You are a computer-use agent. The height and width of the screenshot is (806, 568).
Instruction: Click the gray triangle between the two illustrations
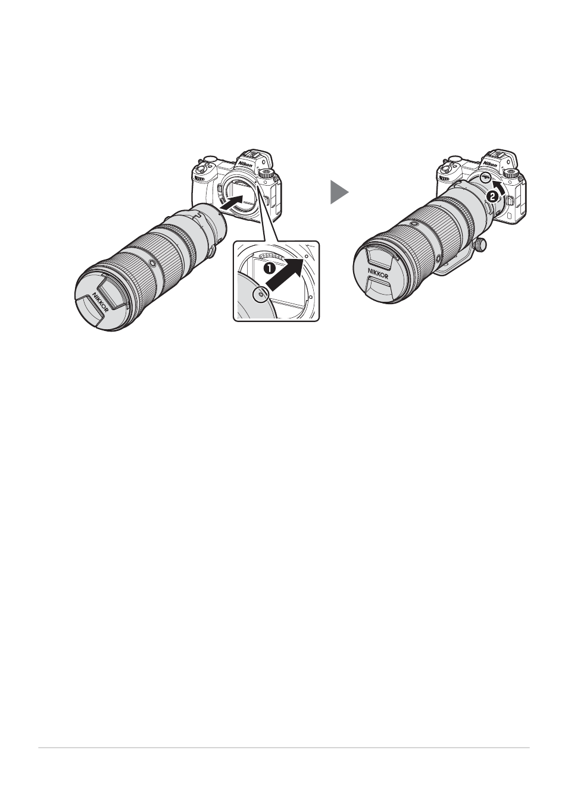(338, 192)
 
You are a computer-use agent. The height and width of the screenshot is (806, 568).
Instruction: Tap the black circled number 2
(492, 196)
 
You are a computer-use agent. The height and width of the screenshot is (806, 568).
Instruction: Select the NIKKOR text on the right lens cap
(378, 273)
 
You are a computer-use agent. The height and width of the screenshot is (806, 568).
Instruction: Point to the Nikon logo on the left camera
(245, 164)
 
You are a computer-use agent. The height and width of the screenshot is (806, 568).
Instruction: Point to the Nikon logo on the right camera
(490, 164)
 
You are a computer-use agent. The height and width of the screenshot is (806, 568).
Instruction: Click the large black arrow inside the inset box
(285, 274)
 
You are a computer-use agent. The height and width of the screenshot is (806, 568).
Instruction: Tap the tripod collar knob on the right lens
(480, 244)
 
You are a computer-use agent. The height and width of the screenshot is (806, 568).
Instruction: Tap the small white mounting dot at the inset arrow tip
(306, 255)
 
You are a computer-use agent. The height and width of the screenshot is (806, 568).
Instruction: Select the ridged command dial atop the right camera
(511, 173)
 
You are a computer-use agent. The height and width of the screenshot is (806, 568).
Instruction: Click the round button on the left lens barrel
(152, 264)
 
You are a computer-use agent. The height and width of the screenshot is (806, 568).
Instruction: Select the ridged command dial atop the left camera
(266, 173)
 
